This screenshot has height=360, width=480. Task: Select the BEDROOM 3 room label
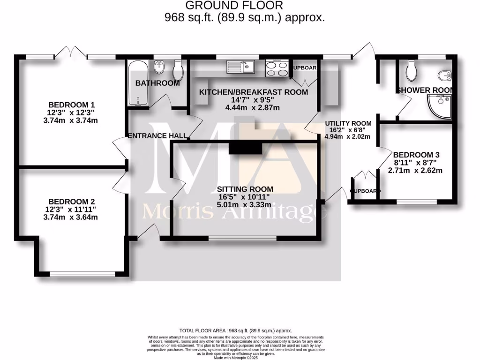tap(416, 155)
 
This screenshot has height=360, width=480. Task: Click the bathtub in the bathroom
tap(137, 83)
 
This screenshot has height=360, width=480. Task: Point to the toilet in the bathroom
tap(178, 71)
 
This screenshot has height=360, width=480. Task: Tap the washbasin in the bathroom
tap(160, 67)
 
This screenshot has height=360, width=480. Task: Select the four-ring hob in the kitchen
tap(277, 69)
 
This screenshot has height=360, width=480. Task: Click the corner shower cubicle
tap(440, 105)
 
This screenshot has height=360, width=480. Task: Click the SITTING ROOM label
tap(245, 189)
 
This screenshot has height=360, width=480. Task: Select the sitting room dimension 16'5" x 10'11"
tap(244, 197)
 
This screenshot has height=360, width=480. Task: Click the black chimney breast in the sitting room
tap(245, 149)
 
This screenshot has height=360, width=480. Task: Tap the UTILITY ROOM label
tap(348, 123)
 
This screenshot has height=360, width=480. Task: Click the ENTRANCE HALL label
tap(158, 136)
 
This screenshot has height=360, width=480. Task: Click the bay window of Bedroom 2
tap(82, 274)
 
